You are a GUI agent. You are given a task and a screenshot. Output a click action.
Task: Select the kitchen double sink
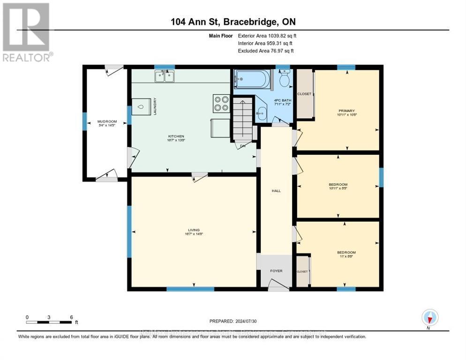tap(164, 76)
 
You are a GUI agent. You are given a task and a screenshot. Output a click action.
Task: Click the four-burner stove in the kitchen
tap(221, 103)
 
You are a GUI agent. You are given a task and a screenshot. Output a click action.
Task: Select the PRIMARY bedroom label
tap(347, 111)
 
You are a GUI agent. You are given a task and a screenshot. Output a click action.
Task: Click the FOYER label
tap(276, 270)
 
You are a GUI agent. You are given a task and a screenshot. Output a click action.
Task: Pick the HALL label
tap(276, 190)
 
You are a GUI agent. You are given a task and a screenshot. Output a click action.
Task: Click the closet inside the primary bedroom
tap(304, 94)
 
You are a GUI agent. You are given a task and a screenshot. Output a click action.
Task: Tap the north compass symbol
tap(429, 318)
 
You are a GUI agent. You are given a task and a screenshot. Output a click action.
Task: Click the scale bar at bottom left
tap(49, 322)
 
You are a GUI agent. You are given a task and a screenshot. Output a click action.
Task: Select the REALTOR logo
tap(26, 32)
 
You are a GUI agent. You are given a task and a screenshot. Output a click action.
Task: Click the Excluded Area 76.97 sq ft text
tap(266, 51)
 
